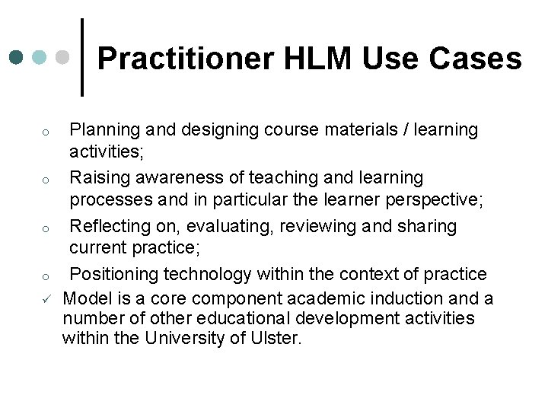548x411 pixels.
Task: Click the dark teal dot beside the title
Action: [x=18, y=58]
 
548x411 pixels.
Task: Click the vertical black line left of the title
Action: [x=82, y=58]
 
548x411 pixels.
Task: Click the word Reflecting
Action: [x=108, y=227]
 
